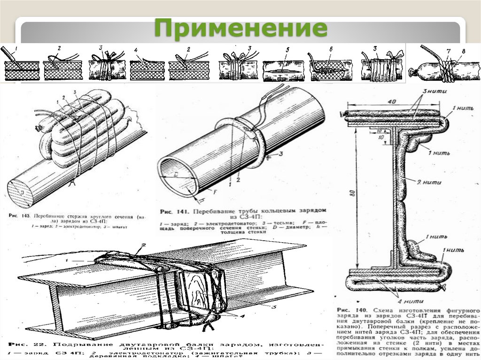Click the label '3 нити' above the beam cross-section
[426, 91]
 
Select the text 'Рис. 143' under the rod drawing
[19, 216]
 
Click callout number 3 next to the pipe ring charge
[280, 153]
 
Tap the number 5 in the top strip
[288, 49]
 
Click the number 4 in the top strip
[135, 50]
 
